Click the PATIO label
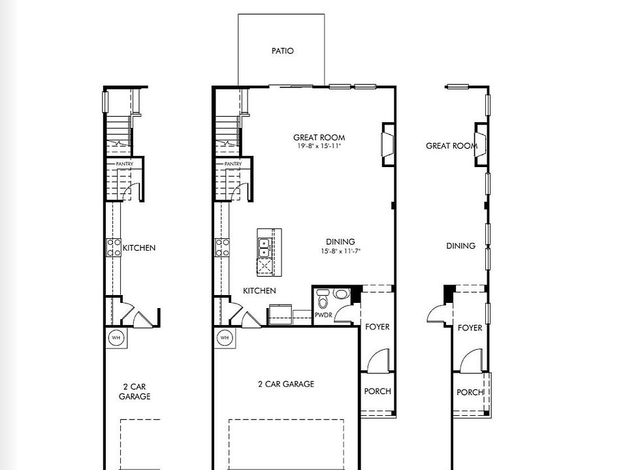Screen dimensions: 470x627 [282, 51]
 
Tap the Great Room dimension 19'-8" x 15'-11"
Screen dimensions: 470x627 [319, 146]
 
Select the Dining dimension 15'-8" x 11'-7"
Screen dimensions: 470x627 [340, 251]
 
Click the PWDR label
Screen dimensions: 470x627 [323, 315]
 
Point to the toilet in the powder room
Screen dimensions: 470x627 [323, 300]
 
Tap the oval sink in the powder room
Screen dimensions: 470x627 [342, 294]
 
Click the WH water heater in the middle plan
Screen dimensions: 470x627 [224, 337]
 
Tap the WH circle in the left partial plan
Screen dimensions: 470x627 [116, 337]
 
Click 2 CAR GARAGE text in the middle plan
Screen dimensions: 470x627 [285, 384]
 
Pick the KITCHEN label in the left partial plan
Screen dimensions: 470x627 [139, 248]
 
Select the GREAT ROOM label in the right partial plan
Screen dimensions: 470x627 [451, 146]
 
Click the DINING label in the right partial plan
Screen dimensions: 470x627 [460, 246]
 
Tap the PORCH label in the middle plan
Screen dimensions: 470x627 [378, 391]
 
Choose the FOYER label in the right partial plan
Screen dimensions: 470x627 [470, 328]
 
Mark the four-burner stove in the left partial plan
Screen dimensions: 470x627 [114, 247]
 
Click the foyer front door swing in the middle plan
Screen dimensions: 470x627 [378, 361]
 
